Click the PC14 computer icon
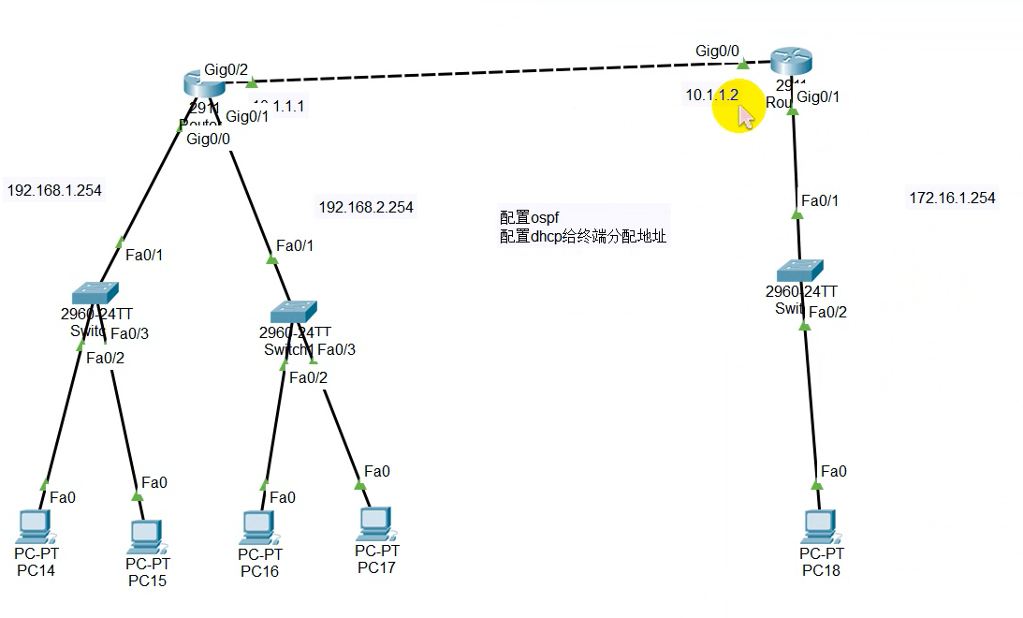pos(37,526)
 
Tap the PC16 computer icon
pos(257,527)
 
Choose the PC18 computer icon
pos(821,526)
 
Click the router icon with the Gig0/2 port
pos(204,84)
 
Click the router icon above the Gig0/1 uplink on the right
pos(792,62)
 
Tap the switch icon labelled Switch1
pos(294,312)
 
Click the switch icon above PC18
pos(799,270)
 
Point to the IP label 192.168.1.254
pos(54,191)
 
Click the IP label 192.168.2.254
pos(366,207)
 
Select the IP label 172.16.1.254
pos(952,199)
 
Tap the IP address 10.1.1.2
pos(711,95)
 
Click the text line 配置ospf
pos(529,217)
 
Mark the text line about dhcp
pos(582,237)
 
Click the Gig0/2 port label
pos(227,69)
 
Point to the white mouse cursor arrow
pos(745,116)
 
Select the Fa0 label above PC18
pos(833,471)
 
